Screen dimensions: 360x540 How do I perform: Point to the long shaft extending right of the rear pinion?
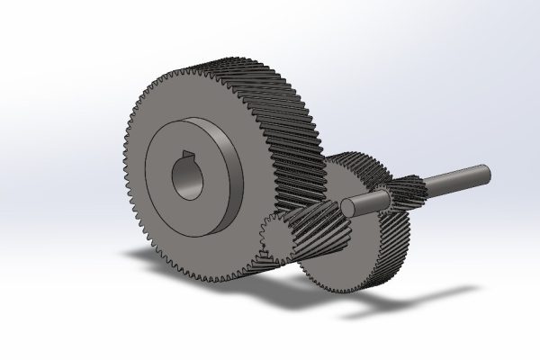click(x=454, y=177)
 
